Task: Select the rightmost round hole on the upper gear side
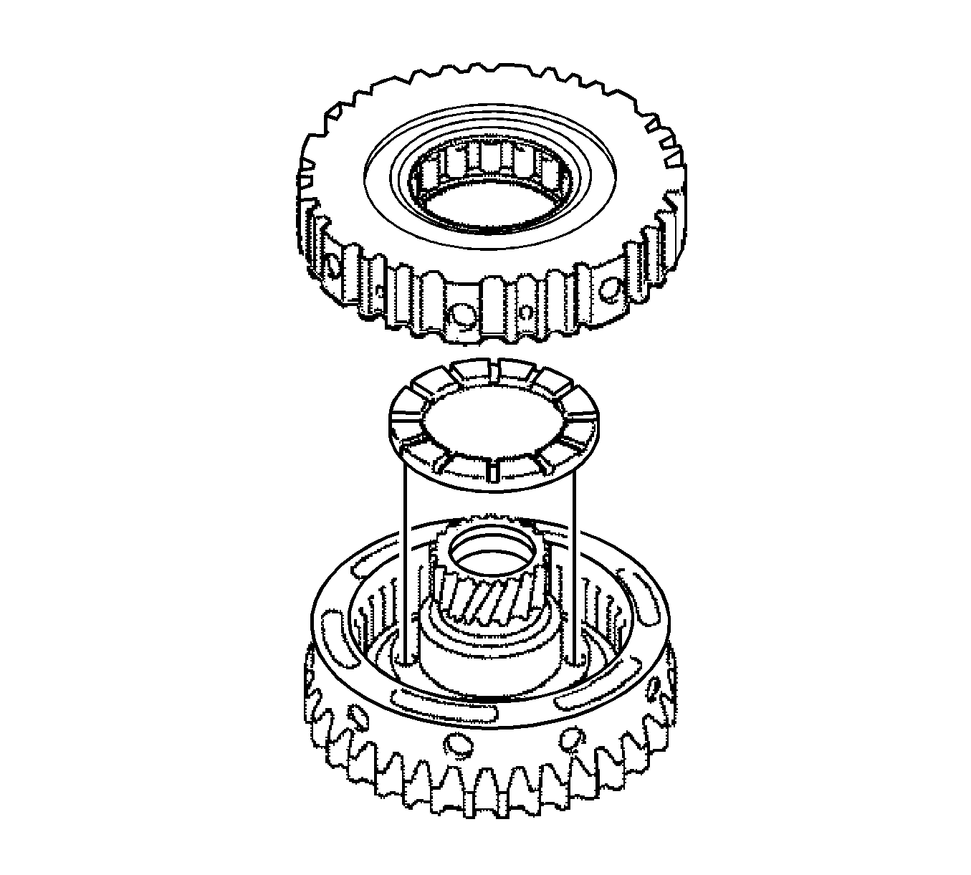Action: (x=610, y=288)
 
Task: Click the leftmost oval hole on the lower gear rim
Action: (x=355, y=715)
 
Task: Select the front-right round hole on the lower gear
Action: (x=571, y=737)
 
